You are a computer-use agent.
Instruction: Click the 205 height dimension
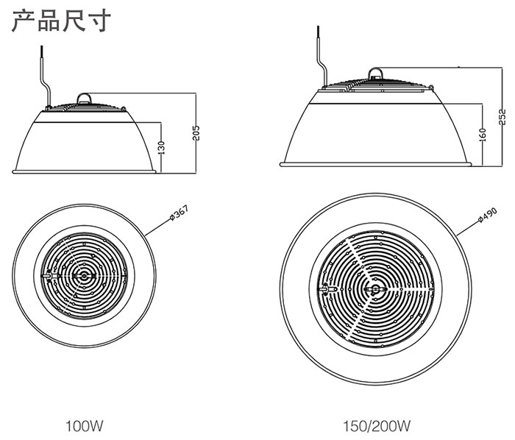[x=196, y=132]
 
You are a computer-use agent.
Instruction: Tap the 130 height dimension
[x=162, y=147]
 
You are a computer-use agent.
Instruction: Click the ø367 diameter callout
[x=179, y=213]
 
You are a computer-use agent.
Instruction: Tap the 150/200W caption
[x=376, y=425]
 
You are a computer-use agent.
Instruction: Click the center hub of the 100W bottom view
[x=85, y=275]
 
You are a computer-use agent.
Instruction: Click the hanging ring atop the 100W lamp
[x=84, y=96]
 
